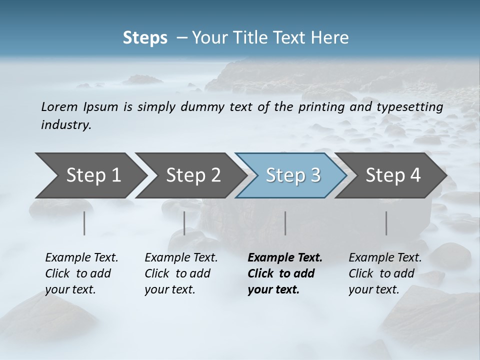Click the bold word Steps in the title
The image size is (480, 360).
click(x=145, y=38)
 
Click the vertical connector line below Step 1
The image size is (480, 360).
click(x=84, y=223)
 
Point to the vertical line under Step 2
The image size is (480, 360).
click(x=184, y=223)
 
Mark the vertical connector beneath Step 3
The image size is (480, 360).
click(x=285, y=223)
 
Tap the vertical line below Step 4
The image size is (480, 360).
click(x=386, y=223)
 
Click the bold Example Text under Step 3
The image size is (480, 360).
click(x=285, y=257)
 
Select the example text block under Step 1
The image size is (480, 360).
click(x=81, y=273)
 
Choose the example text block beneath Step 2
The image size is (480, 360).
click(x=181, y=273)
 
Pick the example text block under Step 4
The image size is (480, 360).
click(x=385, y=273)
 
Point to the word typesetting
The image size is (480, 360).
click(x=413, y=107)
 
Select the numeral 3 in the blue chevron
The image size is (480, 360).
click(x=315, y=175)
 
